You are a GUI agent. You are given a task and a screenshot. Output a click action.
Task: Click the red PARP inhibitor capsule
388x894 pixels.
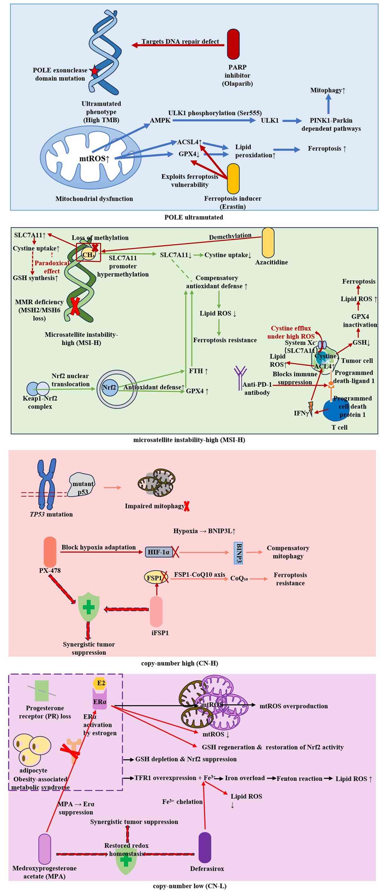(233, 44)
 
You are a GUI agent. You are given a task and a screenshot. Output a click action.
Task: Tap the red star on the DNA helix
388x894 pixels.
(94, 72)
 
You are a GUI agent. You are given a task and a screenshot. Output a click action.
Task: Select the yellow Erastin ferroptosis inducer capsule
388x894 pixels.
(233, 179)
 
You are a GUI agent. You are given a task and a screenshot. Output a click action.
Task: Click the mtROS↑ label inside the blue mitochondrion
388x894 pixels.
(94, 159)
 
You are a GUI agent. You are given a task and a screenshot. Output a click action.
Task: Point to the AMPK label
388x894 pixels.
(160, 121)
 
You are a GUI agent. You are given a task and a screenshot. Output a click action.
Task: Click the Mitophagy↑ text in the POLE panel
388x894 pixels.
(328, 90)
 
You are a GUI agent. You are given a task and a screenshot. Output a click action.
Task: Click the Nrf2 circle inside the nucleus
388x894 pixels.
(109, 387)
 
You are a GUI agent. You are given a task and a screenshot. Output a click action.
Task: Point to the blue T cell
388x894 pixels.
(335, 410)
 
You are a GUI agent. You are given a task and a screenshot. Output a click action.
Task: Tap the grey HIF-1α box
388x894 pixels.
(159, 552)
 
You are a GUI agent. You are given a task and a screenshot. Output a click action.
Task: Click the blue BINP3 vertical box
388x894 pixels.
(238, 553)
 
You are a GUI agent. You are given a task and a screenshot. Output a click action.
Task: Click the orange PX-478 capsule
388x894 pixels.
(50, 552)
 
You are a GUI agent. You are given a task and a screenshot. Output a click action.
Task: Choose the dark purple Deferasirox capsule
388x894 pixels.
(205, 847)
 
